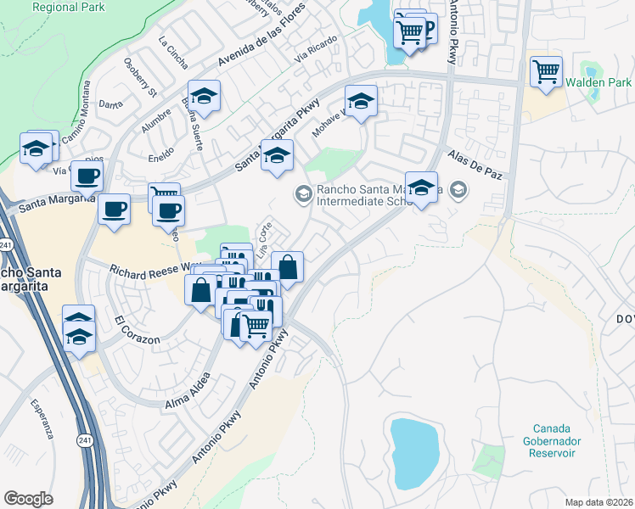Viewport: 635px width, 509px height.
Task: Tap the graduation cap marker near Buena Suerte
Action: pyautogui.click(x=204, y=96)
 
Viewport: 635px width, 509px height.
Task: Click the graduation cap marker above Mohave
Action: pyautogui.click(x=361, y=102)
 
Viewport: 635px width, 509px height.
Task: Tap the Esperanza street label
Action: pyautogui.click(x=42, y=419)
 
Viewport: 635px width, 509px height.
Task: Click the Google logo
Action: pyautogui.click(x=29, y=498)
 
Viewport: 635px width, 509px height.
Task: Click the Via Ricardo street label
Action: pyautogui.click(x=316, y=50)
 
